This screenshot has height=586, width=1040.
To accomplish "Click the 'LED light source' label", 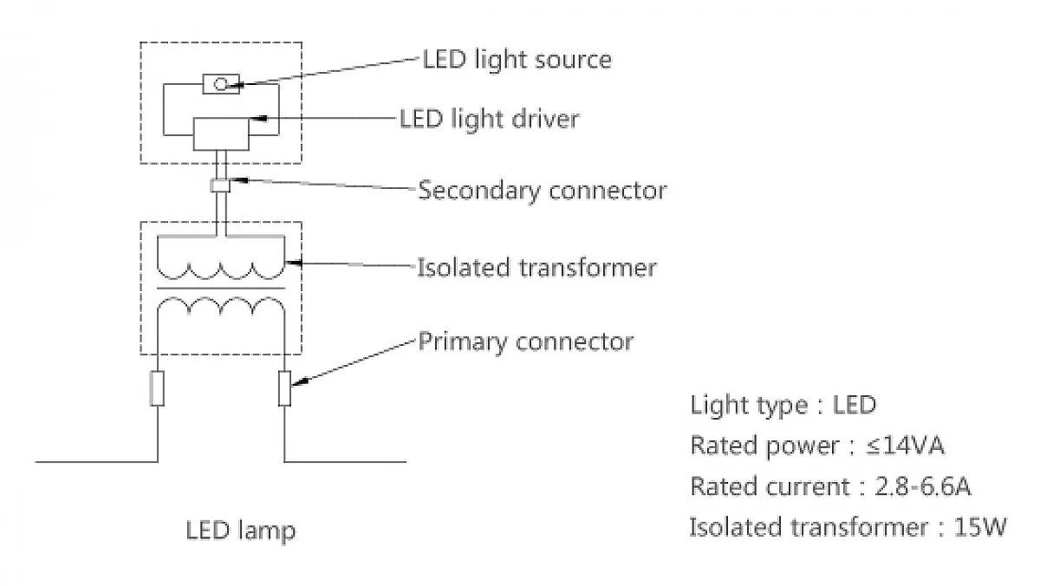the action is pyautogui.click(x=517, y=61).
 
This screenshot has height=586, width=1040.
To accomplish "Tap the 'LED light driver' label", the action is pyautogui.click(x=490, y=120).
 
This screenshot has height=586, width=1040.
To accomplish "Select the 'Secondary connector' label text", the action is pyautogui.click(x=543, y=191).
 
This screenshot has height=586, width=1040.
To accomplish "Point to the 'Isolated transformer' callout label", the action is pyautogui.click(x=536, y=268).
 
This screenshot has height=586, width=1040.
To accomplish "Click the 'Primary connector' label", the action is pyautogui.click(x=525, y=342).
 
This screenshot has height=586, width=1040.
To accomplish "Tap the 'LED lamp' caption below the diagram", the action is pyautogui.click(x=241, y=531).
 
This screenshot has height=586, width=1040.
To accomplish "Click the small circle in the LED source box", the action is pyautogui.click(x=220, y=84).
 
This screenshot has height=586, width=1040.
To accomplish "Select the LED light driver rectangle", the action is pyautogui.click(x=221, y=134).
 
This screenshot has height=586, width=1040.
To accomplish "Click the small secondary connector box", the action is pyautogui.click(x=220, y=186).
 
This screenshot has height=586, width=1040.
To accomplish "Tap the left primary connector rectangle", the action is pyautogui.click(x=158, y=388).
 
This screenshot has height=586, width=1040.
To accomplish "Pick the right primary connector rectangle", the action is pyautogui.click(x=284, y=388).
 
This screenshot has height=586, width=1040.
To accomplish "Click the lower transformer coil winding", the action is pyautogui.click(x=221, y=307).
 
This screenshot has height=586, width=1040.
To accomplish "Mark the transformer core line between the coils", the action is pyautogui.click(x=221, y=289).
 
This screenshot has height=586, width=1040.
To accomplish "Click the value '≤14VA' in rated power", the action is pyautogui.click(x=905, y=446).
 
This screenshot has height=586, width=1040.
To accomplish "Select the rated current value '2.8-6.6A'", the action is pyautogui.click(x=922, y=486).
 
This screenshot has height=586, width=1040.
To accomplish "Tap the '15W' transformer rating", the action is pyautogui.click(x=979, y=527).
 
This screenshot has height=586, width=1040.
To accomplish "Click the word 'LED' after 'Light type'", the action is pyautogui.click(x=855, y=405).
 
